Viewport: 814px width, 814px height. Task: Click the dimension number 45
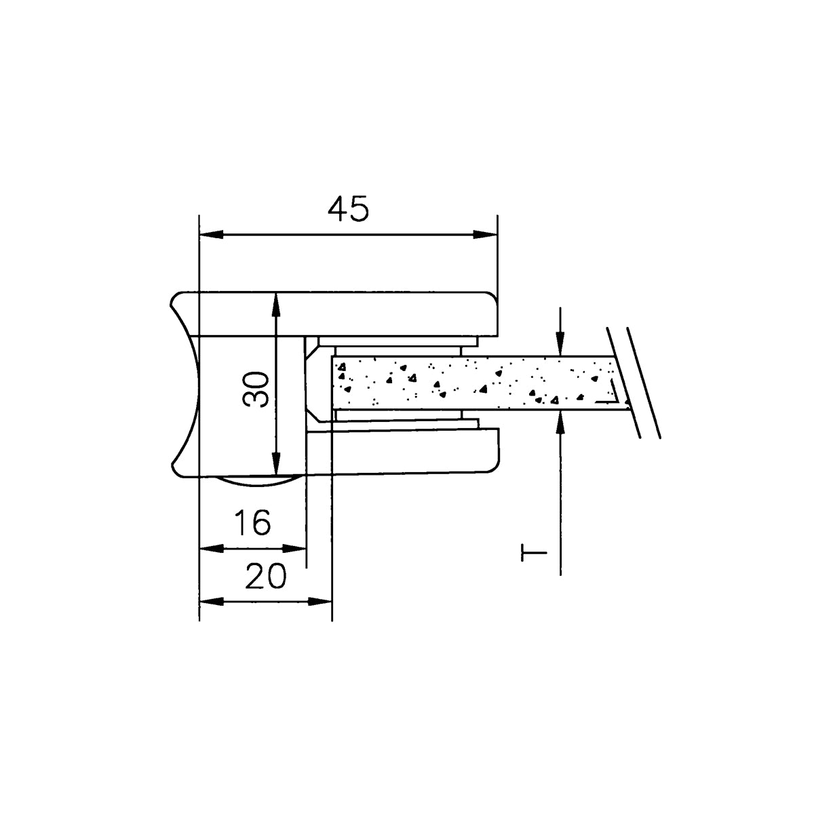coord(348,209)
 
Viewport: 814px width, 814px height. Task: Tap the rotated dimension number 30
coord(257,389)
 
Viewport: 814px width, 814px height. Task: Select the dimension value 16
coord(252,522)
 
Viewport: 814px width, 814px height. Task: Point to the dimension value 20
coord(265,577)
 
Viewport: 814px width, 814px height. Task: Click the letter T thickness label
coord(534,553)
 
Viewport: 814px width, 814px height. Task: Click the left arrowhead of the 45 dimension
coord(211,235)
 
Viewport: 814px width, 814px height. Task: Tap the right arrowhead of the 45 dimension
coord(485,235)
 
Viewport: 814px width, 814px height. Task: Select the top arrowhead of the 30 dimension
coord(276,305)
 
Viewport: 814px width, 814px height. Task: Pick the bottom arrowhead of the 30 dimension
coord(276,463)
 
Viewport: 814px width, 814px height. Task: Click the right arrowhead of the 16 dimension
coord(294,549)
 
